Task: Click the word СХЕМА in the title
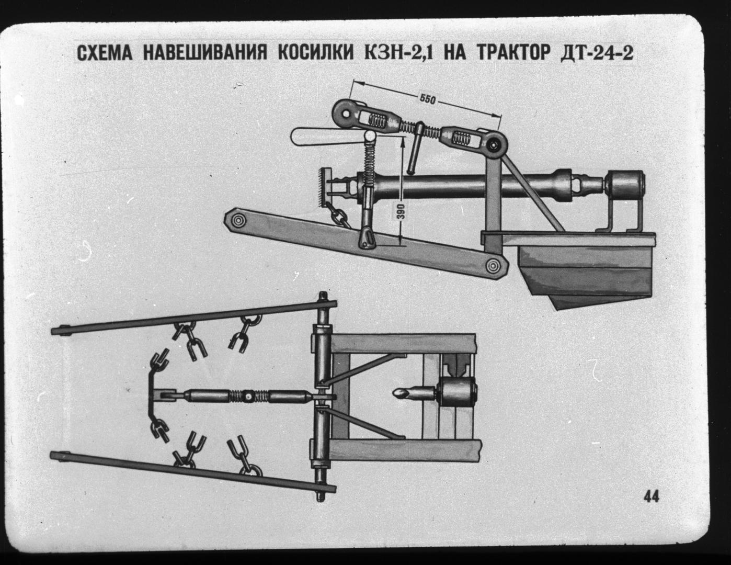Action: pos(105,53)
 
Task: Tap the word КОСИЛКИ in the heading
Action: pos(315,53)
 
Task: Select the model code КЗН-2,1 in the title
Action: pos(401,53)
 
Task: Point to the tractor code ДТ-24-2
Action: pos(597,53)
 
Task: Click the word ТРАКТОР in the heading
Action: pos(513,53)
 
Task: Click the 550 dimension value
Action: pos(427,99)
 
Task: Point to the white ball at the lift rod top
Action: pos(371,136)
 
